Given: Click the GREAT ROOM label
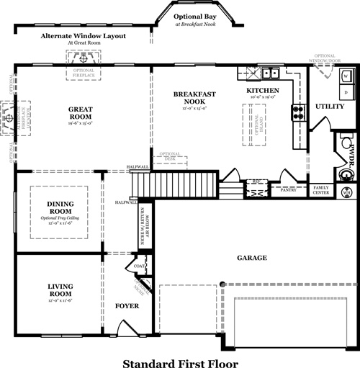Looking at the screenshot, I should pyautogui.click(x=79, y=112).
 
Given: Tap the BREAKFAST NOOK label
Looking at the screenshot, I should pyautogui.click(x=190, y=98).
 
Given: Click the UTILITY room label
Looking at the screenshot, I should pyautogui.click(x=330, y=107).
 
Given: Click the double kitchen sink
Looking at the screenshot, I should pyautogui.click(x=271, y=72).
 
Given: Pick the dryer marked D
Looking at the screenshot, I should pyautogui.click(x=345, y=91).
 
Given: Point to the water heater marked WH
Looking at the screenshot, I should pyautogui.click(x=346, y=192).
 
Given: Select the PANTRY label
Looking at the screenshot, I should pyautogui.click(x=287, y=190).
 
